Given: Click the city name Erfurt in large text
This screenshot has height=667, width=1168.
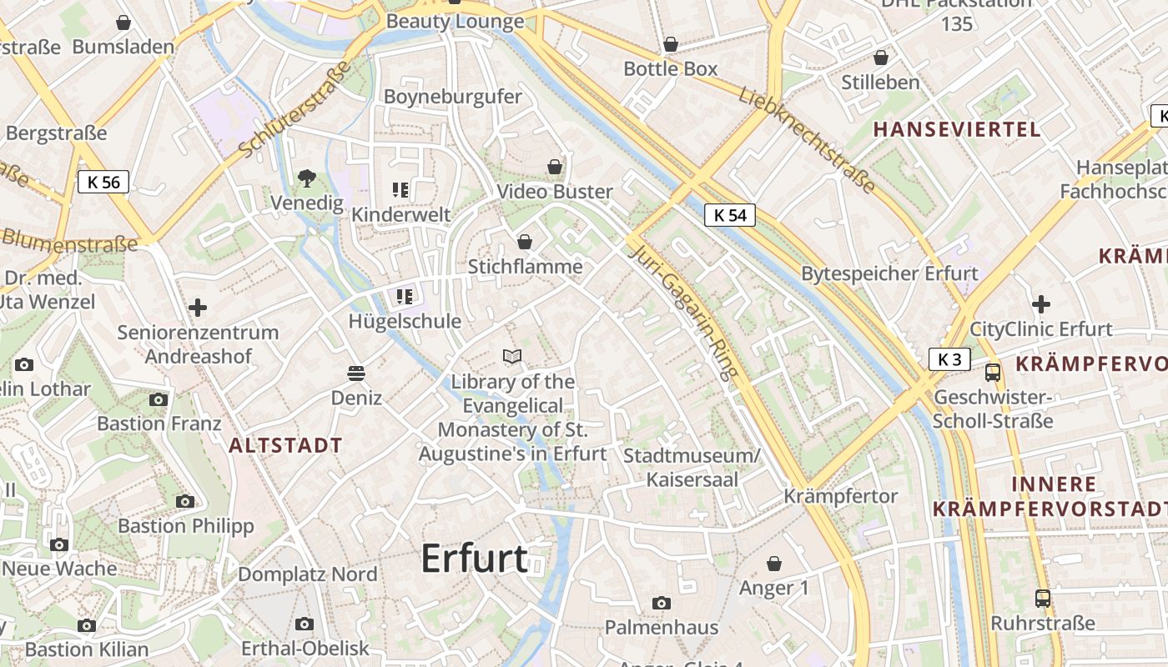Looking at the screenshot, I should click(474, 559).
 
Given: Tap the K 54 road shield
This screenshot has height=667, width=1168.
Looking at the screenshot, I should click(729, 215).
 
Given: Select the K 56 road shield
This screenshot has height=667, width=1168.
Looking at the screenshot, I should click(103, 182).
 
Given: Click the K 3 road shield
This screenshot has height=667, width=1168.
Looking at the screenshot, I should click(949, 359).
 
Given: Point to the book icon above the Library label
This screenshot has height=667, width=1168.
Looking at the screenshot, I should click(512, 357).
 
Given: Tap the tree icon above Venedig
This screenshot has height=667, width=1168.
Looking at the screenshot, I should click(307, 177).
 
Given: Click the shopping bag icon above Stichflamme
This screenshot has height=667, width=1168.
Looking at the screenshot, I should click(525, 242).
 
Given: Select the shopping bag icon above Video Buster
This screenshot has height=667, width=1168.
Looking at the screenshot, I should click(555, 167).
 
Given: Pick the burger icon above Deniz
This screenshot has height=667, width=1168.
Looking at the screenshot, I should click(356, 372).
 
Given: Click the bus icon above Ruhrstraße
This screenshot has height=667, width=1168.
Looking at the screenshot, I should click(1043, 598).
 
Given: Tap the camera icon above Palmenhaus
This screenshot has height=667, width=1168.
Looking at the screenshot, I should click(661, 602).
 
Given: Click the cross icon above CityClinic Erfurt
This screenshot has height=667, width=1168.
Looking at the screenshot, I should click(1040, 304).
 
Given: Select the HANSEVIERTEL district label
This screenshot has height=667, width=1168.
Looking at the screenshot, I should click(957, 129).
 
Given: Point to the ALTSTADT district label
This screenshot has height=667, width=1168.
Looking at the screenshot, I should click(285, 445).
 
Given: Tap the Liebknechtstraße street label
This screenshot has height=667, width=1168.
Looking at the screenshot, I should click(806, 139).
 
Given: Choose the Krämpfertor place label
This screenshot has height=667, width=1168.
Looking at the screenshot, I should click(840, 496).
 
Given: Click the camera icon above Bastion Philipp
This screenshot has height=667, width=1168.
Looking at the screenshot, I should click(185, 501).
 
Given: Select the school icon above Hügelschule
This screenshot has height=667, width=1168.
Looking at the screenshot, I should click(405, 296).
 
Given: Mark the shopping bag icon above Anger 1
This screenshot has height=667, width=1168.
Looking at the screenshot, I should click(774, 564).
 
